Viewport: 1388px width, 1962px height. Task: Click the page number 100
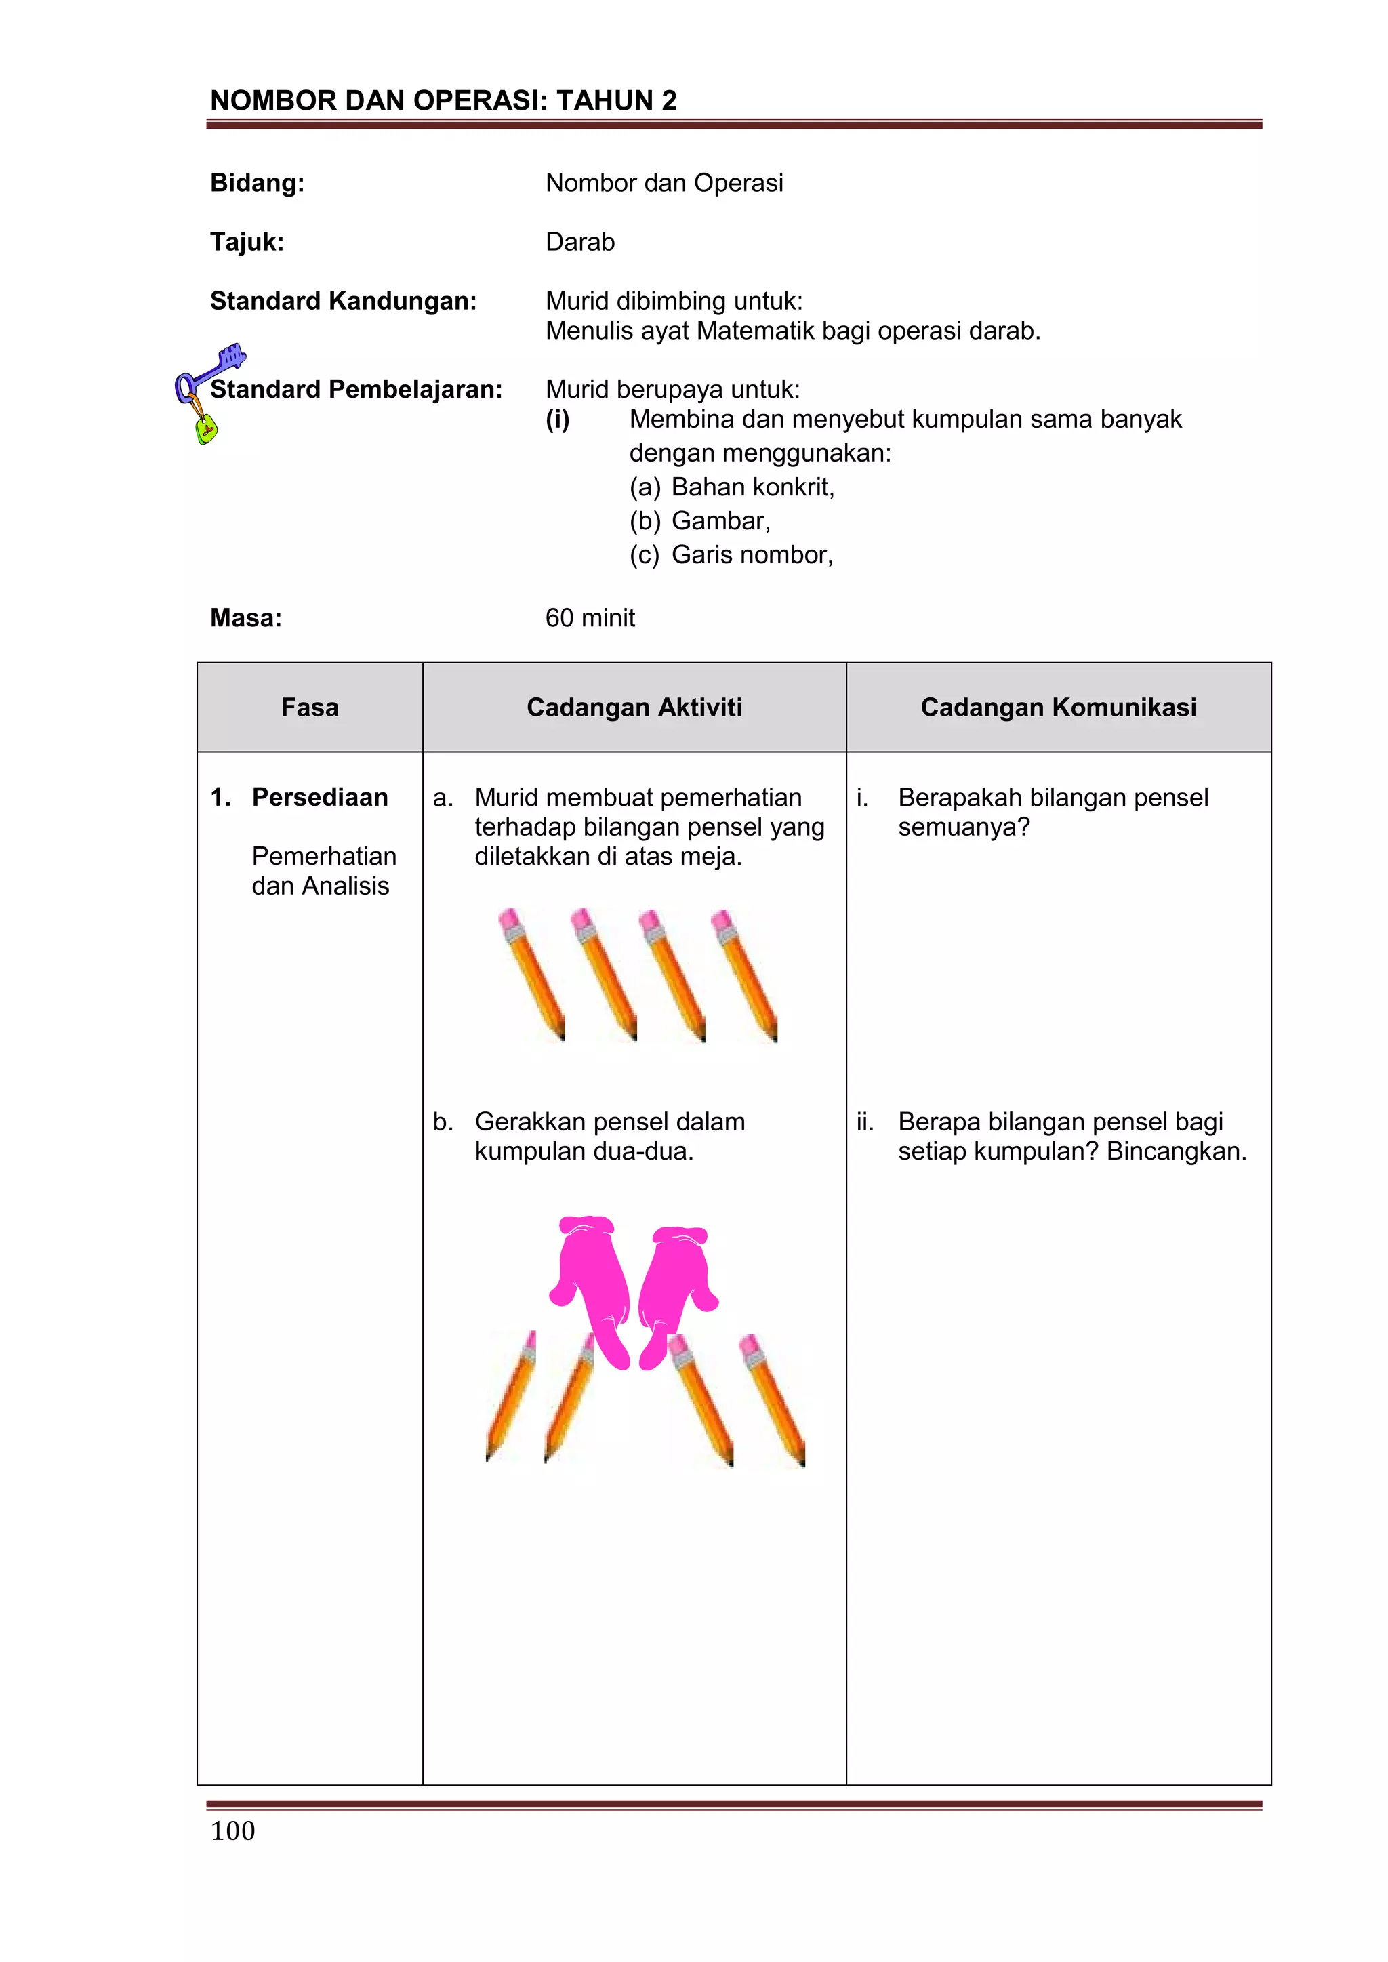pos(232,1831)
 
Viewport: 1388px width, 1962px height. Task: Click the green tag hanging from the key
pos(206,428)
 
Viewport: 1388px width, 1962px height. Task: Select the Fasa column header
pos(310,708)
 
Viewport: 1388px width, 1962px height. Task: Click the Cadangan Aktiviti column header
pos(634,708)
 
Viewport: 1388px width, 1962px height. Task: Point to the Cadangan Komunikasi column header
pos(1058,708)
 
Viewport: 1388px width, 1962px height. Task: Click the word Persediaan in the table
pos(320,797)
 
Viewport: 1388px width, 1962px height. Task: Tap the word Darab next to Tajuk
pos(579,243)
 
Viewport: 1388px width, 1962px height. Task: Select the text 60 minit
pos(590,618)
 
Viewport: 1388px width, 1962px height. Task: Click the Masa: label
pos(246,618)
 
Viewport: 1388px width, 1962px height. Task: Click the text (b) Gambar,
pos(700,521)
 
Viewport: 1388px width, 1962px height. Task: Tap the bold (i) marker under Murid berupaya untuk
pos(557,420)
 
